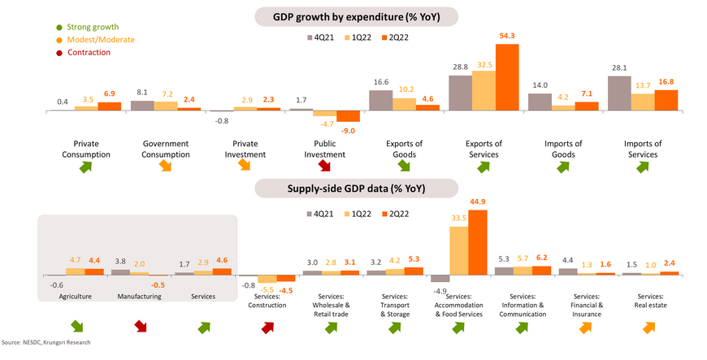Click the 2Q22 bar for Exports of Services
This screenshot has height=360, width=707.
(508, 77)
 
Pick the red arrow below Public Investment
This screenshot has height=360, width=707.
(325, 167)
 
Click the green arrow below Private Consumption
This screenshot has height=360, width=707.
(86, 167)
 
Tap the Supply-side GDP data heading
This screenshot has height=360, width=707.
(355, 189)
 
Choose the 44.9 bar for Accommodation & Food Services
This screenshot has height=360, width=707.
(478, 242)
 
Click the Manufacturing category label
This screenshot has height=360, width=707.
(137, 297)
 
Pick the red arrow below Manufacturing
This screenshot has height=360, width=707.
(140, 327)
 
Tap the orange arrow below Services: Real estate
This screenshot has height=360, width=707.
(649, 327)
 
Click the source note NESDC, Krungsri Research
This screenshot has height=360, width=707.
(46, 343)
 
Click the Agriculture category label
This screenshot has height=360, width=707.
(75, 297)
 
